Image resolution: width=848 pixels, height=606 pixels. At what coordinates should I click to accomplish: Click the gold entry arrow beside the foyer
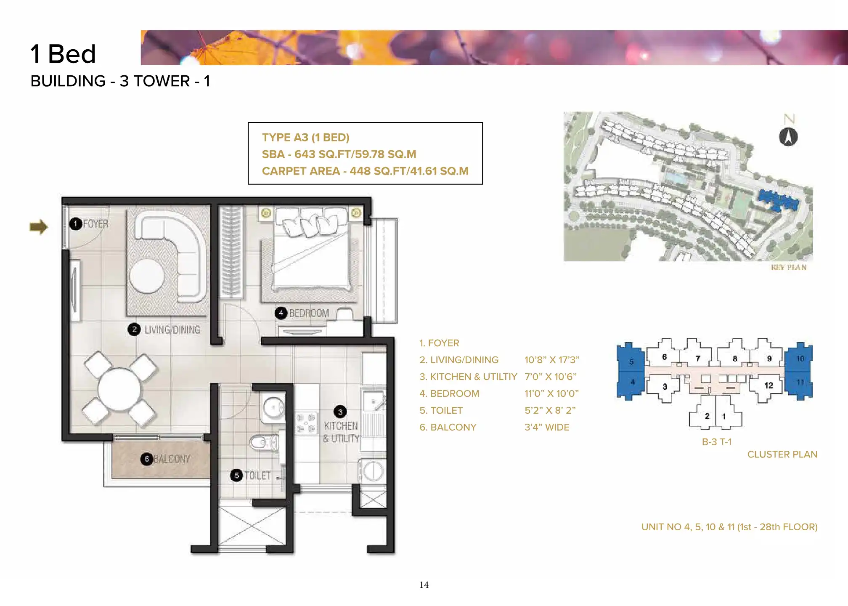coord(39,227)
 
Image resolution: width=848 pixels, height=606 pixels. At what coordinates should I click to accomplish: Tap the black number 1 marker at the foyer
coord(76,223)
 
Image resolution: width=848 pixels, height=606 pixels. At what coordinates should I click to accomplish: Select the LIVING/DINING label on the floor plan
coord(172,330)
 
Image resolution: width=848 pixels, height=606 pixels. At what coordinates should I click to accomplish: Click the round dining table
coord(119,389)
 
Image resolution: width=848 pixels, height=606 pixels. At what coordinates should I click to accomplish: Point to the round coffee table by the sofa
coord(147,276)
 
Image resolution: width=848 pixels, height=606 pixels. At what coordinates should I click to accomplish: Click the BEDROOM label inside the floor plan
coord(309,313)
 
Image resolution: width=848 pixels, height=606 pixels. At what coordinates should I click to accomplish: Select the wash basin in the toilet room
coord(273,407)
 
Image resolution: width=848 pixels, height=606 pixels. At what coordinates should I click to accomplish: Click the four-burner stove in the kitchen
coord(306,423)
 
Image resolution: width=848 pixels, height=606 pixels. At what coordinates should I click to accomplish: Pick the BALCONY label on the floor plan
coord(172,459)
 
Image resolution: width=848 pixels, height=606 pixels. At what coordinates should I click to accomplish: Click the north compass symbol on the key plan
coord(788,137)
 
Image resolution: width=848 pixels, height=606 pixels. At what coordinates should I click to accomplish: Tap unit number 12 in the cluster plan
coord(768,385)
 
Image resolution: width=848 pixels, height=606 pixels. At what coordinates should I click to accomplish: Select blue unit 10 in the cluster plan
coord(799,359)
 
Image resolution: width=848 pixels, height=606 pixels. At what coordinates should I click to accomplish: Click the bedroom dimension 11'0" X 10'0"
coord(551,393)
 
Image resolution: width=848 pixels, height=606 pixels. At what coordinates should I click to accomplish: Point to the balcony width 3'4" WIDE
coord(547,427)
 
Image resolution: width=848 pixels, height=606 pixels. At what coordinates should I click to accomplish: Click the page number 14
coord(424,585)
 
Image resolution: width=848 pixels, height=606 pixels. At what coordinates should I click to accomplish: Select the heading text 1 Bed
coord(63,54)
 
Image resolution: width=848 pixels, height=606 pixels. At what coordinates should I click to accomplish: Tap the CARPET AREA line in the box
coord(365,171)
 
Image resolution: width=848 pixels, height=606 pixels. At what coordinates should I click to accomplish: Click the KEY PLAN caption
coord(789,268)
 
